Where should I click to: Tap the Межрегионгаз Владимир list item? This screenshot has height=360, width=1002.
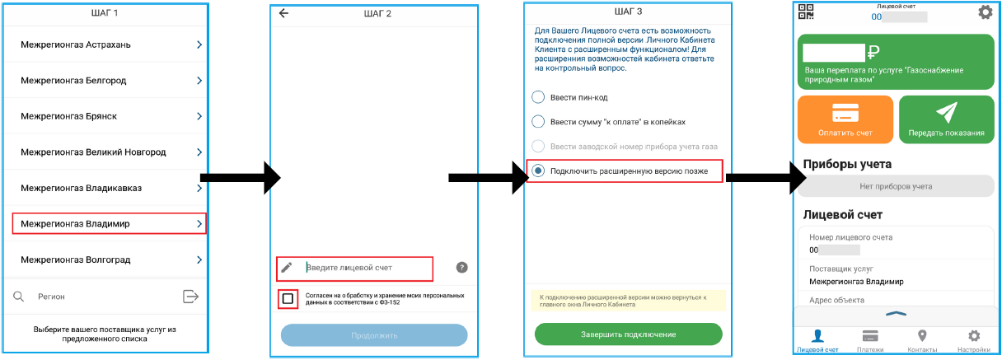pos(109,223)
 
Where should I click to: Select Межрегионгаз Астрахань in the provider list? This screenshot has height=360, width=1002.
pos(105,44)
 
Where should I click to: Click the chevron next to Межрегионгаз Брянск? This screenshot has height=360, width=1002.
pos(199,116)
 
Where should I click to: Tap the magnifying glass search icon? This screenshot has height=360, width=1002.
pos(18,297)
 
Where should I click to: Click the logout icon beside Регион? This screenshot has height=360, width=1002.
pos(190,297)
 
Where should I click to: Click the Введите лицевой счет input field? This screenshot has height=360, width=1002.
pos(354,269)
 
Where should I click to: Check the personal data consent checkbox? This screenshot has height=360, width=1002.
pos(288,299)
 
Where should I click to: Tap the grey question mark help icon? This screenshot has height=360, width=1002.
pos(461,268)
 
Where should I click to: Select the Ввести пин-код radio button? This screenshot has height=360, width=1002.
pos(538,97)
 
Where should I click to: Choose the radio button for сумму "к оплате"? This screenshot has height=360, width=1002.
pos(538,122)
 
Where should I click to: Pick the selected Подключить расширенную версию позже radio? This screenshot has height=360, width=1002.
pos(538,171)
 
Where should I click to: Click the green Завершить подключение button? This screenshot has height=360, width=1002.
pos(628,334)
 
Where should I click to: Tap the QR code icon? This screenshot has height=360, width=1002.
pos(806,12)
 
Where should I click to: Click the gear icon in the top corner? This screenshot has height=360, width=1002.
pos(985,12)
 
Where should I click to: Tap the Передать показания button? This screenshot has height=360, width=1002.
pos(947,119)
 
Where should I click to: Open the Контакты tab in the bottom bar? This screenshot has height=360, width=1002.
pos(922,342)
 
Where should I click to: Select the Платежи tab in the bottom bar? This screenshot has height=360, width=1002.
pos(870,342)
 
